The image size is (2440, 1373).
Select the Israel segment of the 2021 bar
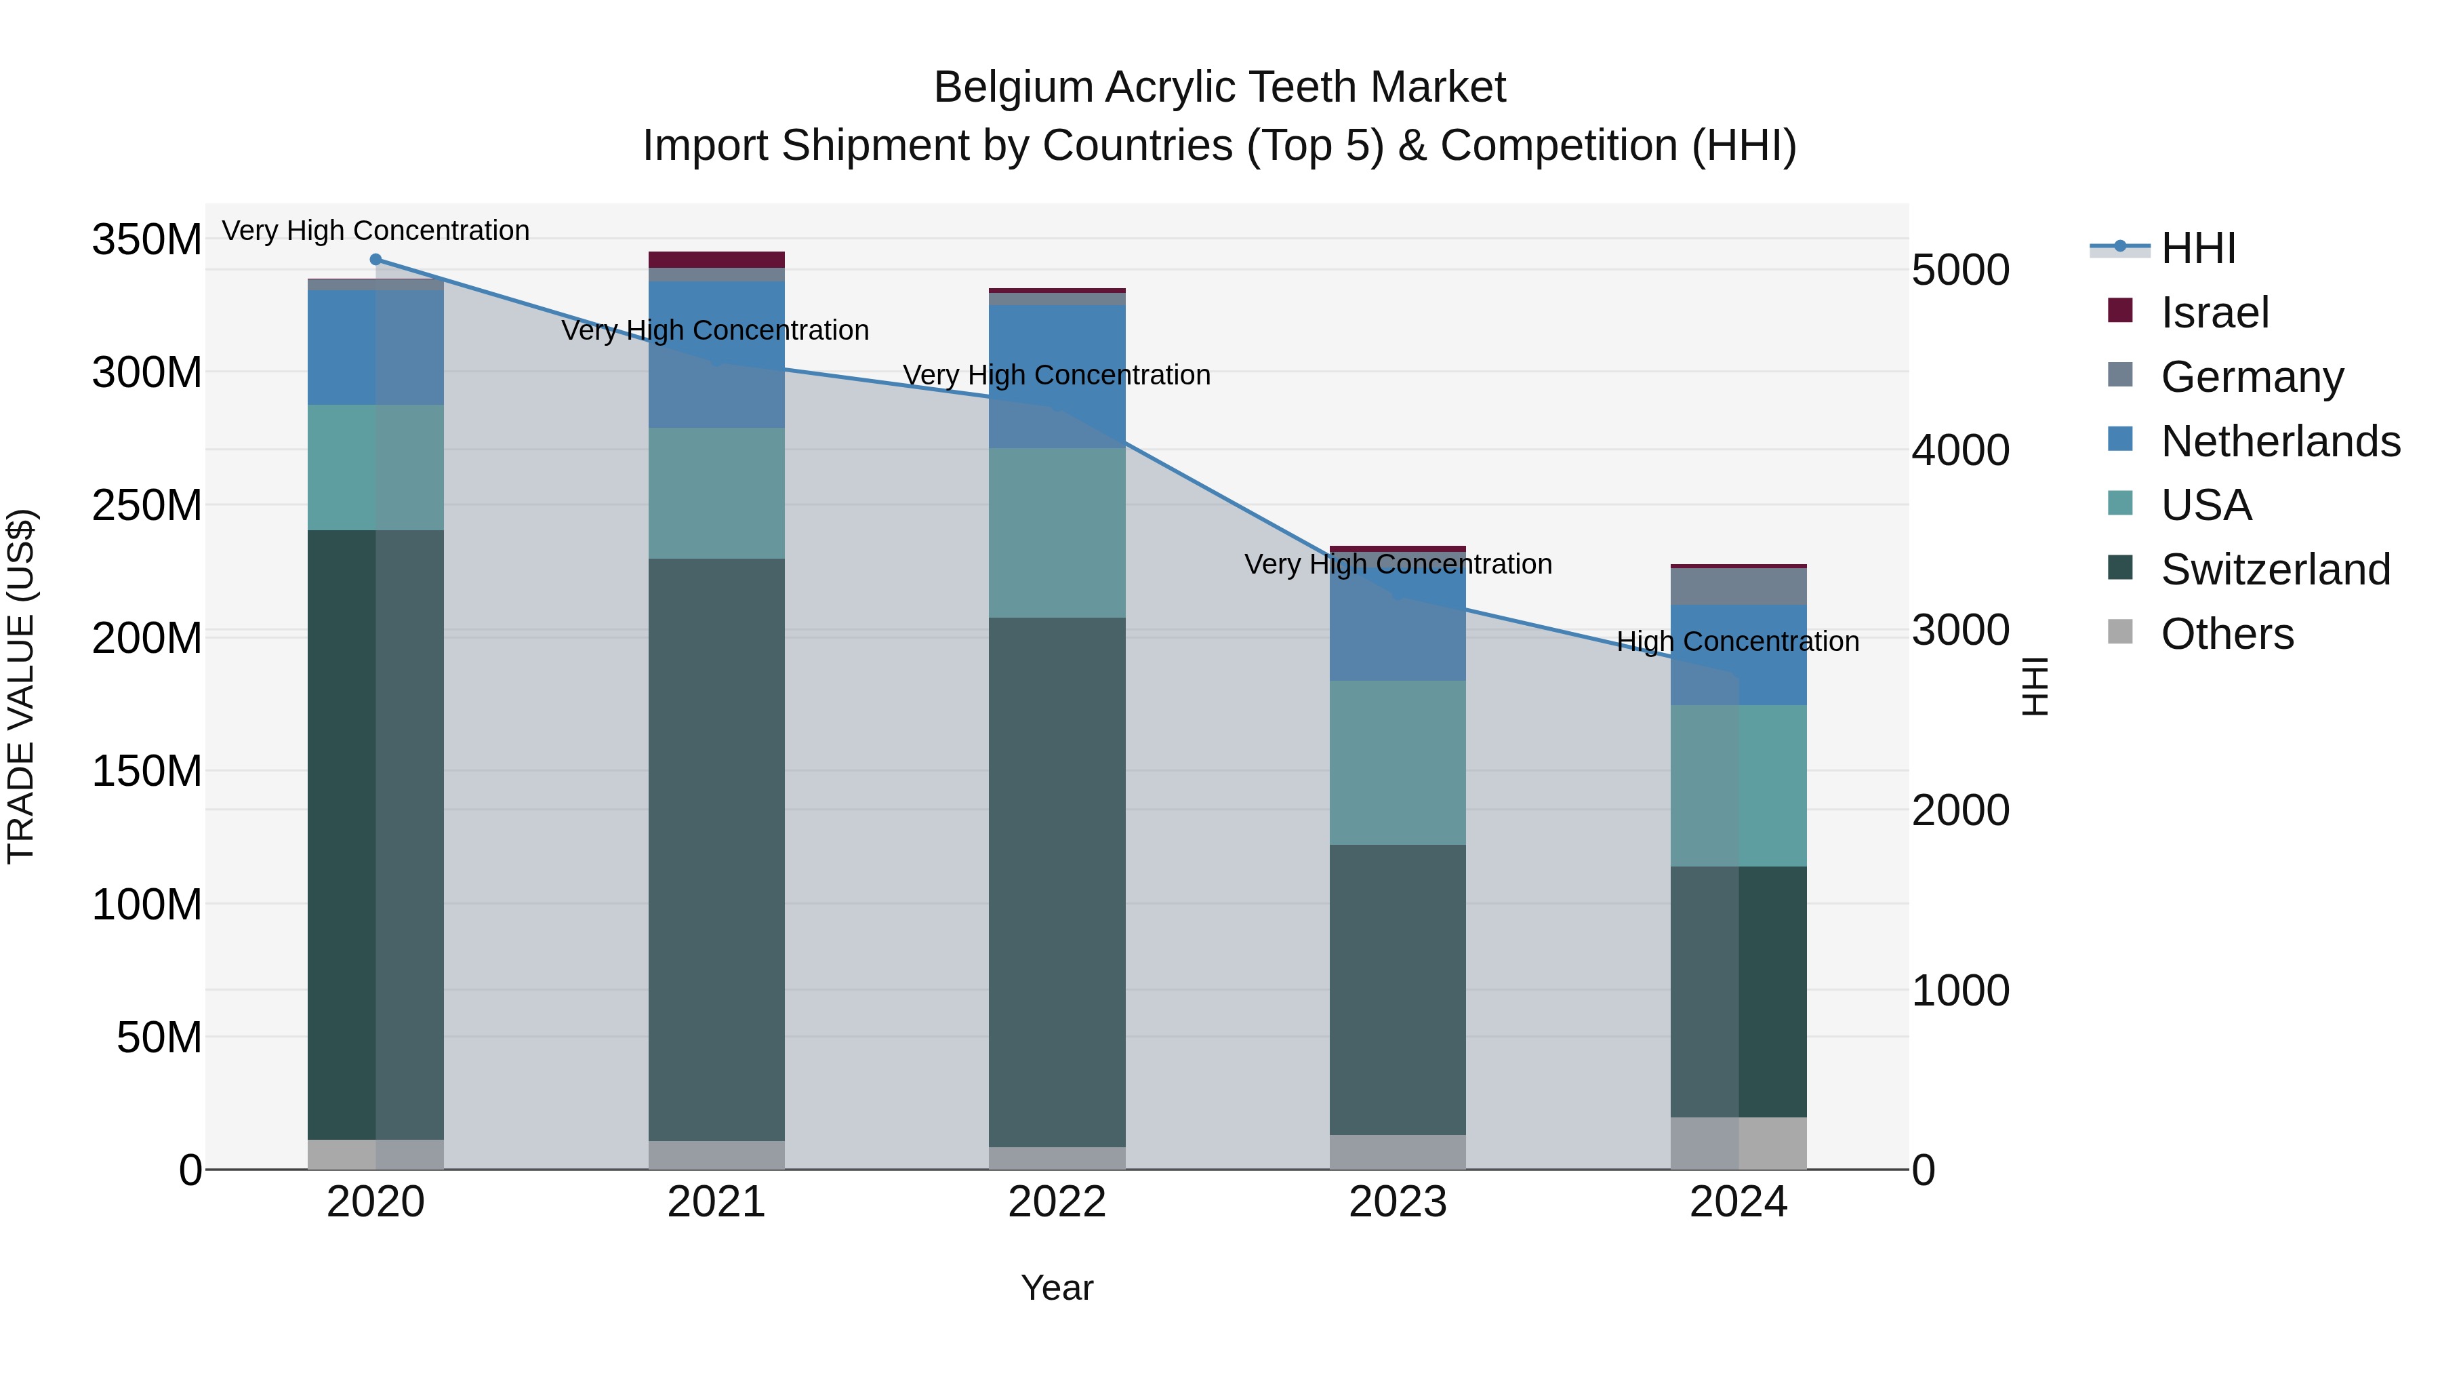pos(716,260)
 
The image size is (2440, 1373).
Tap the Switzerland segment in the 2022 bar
pos(1057,881)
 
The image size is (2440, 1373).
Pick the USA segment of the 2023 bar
pos(1398,763)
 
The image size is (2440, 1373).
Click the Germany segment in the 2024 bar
pos(1739,586)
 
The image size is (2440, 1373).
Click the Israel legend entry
pos(2214,313)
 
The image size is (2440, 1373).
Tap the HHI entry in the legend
pos(2197,248)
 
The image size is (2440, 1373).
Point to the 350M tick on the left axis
pos(147,240)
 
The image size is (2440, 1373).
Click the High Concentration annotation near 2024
pos(1737,641)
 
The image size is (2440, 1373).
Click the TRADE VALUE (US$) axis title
pos(21,686)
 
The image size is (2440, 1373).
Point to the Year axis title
pos(1057,1288)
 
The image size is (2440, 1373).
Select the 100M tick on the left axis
pos(147,905)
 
